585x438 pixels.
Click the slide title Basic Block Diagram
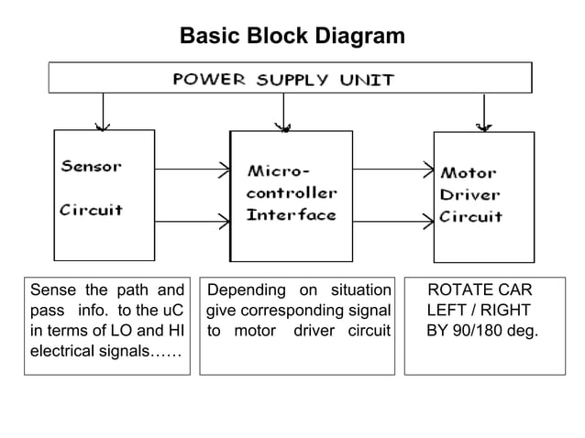point(292,37)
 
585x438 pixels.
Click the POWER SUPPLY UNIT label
point(283,79)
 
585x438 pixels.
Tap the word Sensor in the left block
point(91,167)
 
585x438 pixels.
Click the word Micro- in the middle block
point(279,171)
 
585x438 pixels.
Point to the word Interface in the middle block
point(291,215)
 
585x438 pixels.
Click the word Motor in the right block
point(469,172)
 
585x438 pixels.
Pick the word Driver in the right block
point(469,194)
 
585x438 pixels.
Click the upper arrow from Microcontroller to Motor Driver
point(392,168)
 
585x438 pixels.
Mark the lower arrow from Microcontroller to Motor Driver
point(392,220)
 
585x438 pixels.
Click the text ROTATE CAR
point(480,290)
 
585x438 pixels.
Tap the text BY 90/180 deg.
point(482,331)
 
